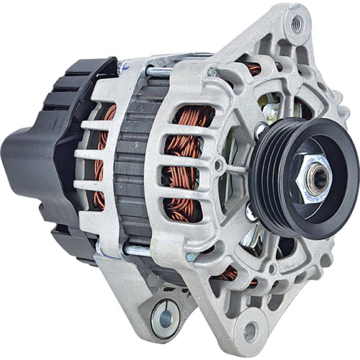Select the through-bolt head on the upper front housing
pos(212,72)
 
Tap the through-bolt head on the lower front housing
pos(190,256)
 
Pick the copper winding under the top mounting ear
pos(253,68)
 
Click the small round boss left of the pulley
pos(218,165)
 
